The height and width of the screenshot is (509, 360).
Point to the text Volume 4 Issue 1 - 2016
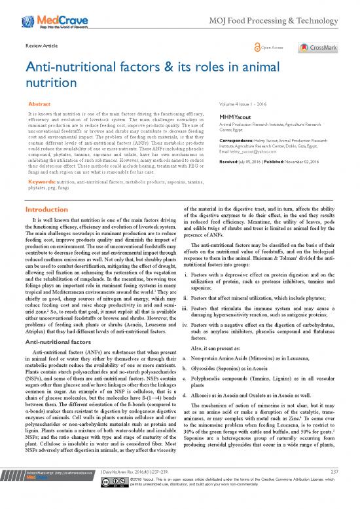247,103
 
